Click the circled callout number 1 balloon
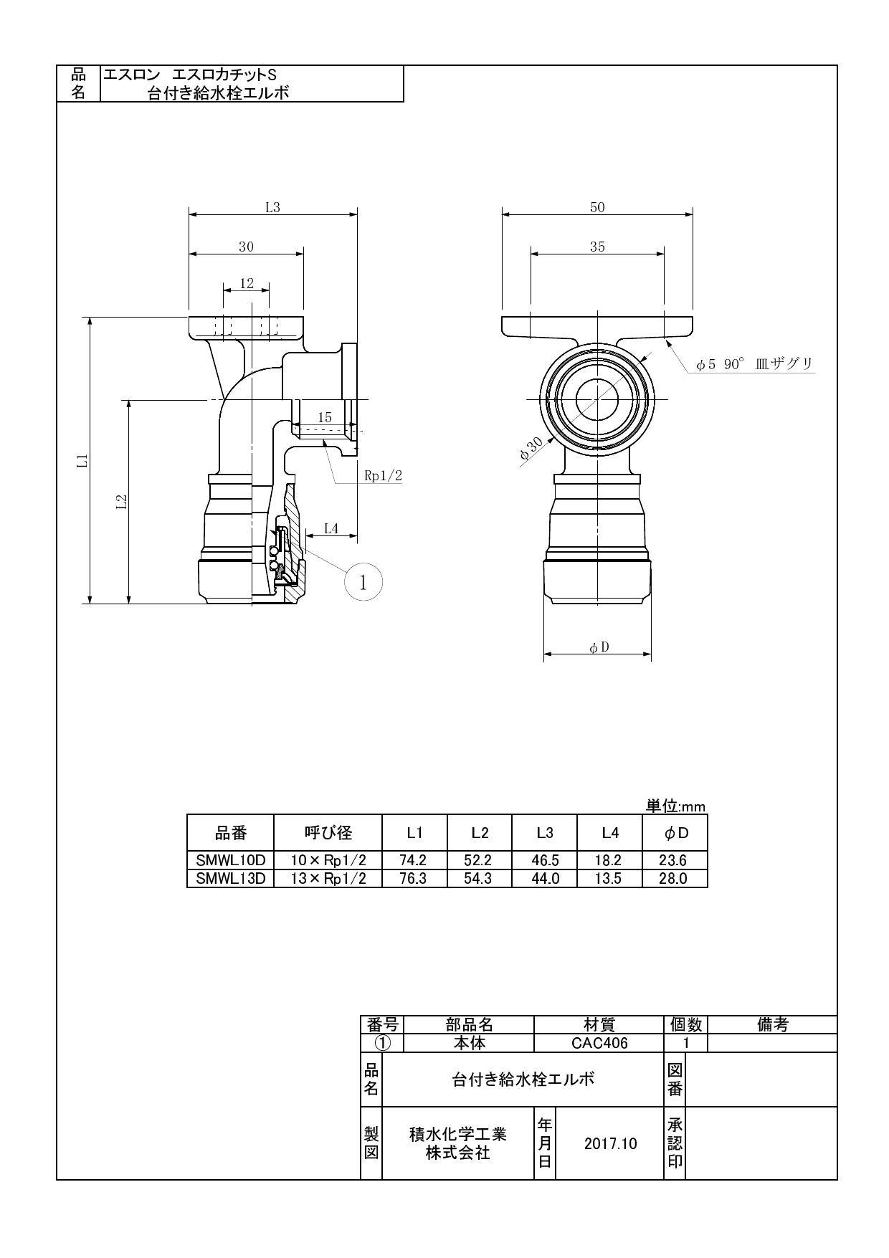[x=363, y=582]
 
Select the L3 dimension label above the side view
[x=272, y=207]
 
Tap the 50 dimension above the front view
[x=597, y=207]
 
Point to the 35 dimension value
[x=597, y=247]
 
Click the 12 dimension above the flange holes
[x=247, y=284]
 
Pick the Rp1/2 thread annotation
[x=384, y=475]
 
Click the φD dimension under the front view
[x=599, y=647]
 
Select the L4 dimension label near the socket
[x=331, y=528]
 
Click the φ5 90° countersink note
[x=754, y=364]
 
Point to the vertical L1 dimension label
[x=83, y=460]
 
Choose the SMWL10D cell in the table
[x=230, y=860]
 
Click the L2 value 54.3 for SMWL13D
[x=478, y=878]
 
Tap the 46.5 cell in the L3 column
[x=545, y=860]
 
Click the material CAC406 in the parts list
[x=599, y=1043]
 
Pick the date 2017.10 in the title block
[x=610, y=1143]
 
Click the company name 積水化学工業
[x=457, y=1134]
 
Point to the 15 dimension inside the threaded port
[x=324, y=416]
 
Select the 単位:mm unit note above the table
[x=675, y=806]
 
